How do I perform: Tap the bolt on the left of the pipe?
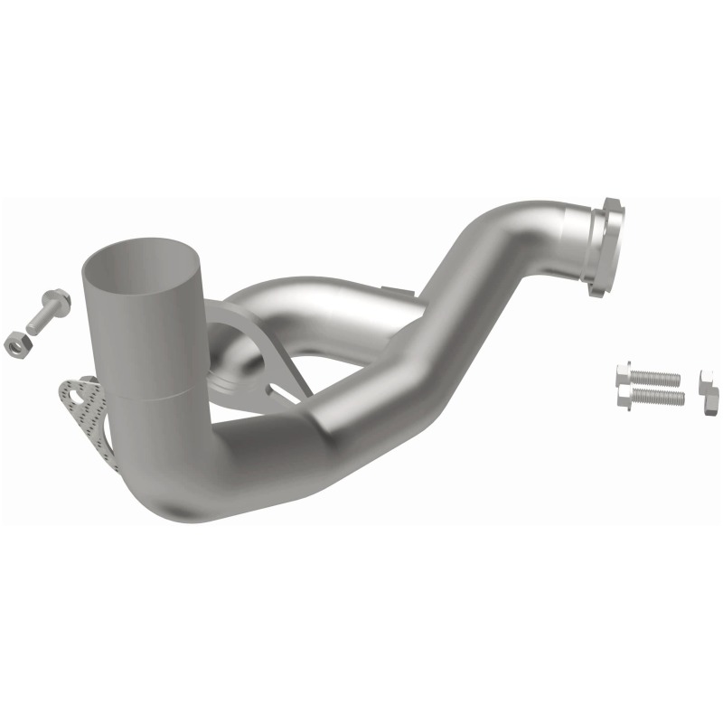pyautogui.click(x=45, y=309)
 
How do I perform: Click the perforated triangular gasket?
pyautogui.click(x=83, y=411)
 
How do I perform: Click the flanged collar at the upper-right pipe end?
pyautogui.click(x=601, y=244)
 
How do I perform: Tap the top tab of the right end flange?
pyautogui.click(x=611, y=204)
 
